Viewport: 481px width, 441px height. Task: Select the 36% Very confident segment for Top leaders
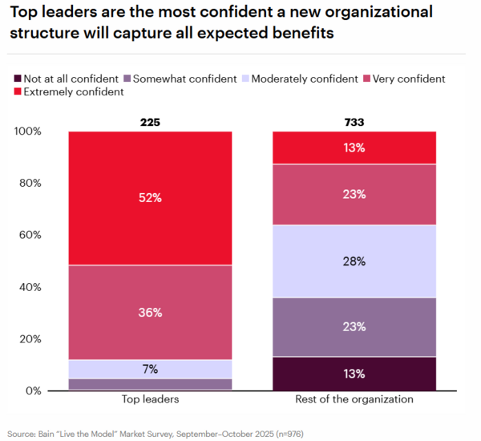pyautogui.click(x=149, y=312)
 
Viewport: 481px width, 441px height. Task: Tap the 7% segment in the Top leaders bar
pyautogui.click(x=149, y=369)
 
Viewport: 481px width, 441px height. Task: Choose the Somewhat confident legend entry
pyautogui.click(x=184, y=79)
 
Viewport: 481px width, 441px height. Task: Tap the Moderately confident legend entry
pyautogui.click(x=305, y=79)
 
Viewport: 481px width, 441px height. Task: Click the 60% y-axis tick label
pyautogui.click(x=32, y=235)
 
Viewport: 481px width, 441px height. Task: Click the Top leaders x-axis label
pyautogui.click(x=149, y=399)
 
